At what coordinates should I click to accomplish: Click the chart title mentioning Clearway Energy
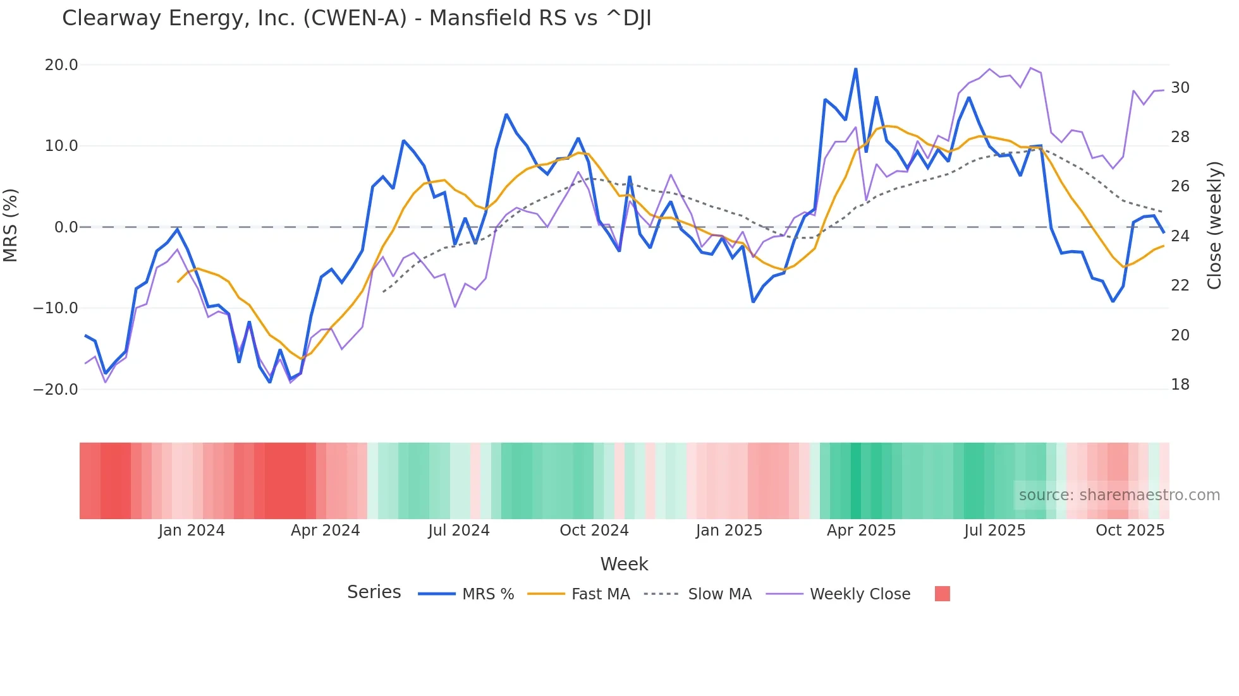[x=357, y=18]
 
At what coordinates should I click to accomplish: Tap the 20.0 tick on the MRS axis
[x=61, y=65]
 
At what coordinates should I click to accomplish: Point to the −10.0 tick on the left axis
[x=56, y=308]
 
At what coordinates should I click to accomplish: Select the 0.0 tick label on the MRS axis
[x=66, y=227]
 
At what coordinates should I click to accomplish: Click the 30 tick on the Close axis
[x=1180, y=88]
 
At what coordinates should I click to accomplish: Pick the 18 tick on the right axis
[x=1180, y=385]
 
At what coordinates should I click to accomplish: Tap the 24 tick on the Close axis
[x=1180, y=236]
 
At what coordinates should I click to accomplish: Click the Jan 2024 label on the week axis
[x=192, y=531]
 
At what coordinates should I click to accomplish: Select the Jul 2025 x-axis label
[x=994, y=531]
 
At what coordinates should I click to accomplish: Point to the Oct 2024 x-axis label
[x=594, y=531]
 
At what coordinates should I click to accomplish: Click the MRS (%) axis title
[x=11, y=225]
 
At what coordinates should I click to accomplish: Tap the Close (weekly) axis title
[x=1214, y=225]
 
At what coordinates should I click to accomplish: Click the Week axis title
[x=624, y=564]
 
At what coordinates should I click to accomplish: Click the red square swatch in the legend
[x=942, y=594]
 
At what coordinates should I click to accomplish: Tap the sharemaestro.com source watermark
[x=1119, y=495]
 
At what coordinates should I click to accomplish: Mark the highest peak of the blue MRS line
[x=855, y=69]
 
